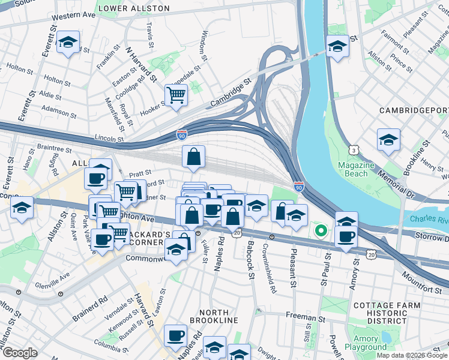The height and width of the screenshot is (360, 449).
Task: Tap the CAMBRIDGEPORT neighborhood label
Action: pos(414,111)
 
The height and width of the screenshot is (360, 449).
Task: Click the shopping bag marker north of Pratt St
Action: pos(194,157)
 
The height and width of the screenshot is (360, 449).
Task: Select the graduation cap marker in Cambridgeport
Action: pos(388,140)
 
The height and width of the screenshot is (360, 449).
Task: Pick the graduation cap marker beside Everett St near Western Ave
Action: pos(68,43)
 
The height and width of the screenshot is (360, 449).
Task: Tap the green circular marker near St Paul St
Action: pos(321,230)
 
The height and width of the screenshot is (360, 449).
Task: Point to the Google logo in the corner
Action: pos(20,353)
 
